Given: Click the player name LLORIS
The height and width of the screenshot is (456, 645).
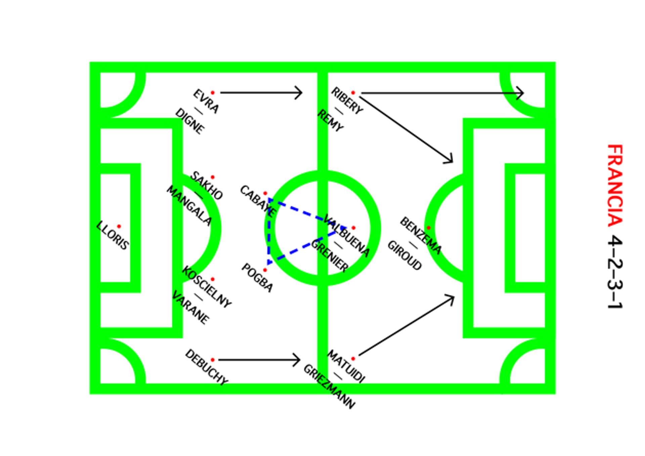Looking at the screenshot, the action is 112,235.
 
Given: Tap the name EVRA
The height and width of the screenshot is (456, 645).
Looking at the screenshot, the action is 206,101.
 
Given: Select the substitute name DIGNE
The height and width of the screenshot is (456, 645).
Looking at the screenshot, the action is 190,121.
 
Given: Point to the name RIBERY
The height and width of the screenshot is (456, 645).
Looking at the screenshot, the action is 347,101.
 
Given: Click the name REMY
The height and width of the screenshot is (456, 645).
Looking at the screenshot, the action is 330,120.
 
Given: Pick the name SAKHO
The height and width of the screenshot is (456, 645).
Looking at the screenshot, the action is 207,186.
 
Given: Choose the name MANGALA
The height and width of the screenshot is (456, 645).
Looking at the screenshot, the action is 189,205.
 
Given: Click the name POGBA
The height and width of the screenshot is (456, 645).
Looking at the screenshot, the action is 257,278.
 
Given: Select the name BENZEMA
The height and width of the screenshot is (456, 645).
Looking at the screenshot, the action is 421,235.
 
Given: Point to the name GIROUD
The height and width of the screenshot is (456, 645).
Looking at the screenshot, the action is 404,255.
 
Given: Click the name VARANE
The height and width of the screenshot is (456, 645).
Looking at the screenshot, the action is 190,307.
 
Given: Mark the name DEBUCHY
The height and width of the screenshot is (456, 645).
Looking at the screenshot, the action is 206,367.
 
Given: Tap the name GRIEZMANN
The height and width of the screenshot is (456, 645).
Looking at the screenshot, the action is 329,387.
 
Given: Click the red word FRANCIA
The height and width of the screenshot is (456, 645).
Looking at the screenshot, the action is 615,185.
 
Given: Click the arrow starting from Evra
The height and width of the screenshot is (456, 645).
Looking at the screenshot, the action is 261,92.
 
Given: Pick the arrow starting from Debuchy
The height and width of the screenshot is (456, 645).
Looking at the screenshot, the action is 259,360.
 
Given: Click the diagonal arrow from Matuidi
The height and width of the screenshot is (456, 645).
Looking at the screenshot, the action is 406,326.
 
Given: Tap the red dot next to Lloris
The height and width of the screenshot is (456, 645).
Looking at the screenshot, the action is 119,227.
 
